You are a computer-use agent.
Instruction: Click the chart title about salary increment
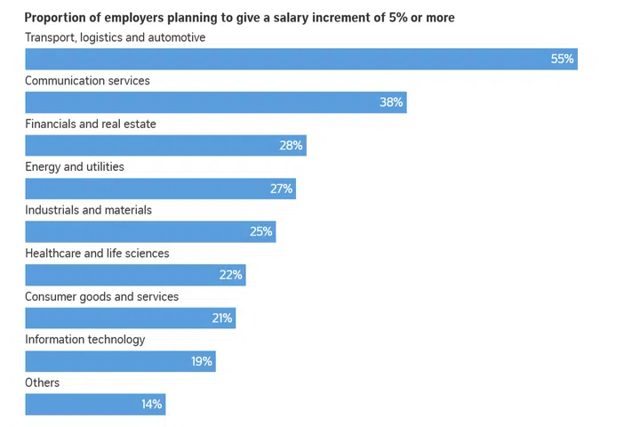pyautogui.click(x=239, y=18)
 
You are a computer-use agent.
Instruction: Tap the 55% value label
pyautogui.click(x=563, y=60)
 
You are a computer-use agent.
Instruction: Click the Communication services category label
pyautogui.click(x=87, y=81)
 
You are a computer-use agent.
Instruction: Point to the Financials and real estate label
pyautogui.click(x=91, y=124)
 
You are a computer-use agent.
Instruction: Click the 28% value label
pyautogui.click(x=292, y=145)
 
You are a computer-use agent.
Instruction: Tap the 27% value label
pyautogui.click(x=282, y=189)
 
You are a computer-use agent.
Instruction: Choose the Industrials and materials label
pyautogui.click(x=88, y=210)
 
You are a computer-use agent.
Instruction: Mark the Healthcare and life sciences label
pyautogui.click(x=97, y=254)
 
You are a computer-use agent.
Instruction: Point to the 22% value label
pyautogui.click(x=231, y=275)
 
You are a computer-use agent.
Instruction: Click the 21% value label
pyautogui.click(x=222, y=318)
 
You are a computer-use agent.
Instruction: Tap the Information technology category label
pyautogui.click(x=84, y=340)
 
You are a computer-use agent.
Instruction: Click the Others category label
pyautogui.click(x=43, y=383)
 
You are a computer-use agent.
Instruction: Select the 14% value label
pyautogui.click(x=151, y=405)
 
